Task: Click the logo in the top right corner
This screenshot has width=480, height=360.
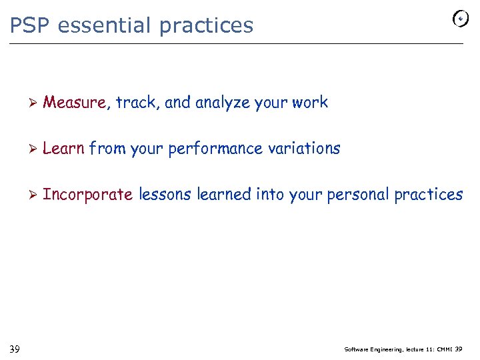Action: [x=460, y=19]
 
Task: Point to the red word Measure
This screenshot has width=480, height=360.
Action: [x=74, y=103]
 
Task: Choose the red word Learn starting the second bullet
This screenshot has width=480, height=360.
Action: [x=63, y=149]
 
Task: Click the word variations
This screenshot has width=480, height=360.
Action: [x=303, y=149]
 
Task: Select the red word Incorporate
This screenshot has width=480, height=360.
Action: [x=87, y=195]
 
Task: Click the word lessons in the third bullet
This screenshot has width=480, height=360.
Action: [x=165, y=195]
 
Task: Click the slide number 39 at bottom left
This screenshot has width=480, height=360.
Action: [x=15, y=349]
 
